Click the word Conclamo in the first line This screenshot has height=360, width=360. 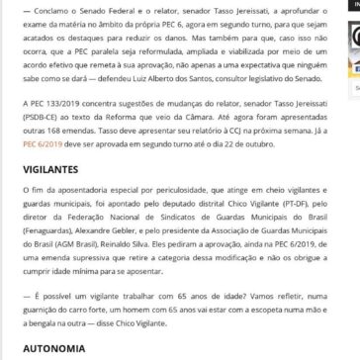36,8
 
